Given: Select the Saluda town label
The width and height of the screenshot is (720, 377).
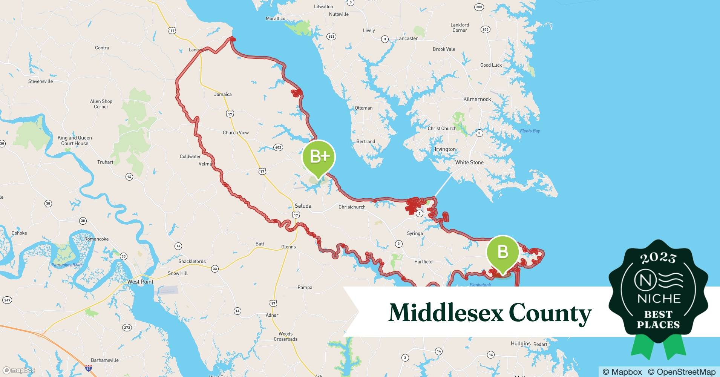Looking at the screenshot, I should tap(303, 206).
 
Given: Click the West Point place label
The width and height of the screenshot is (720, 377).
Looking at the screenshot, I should tap(140, 282).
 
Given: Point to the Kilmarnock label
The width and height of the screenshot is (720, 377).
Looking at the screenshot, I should tap(477, 99).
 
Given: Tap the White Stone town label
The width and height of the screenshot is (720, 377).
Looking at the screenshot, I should tap(469, 162).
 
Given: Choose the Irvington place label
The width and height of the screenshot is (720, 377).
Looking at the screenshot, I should tap(445, 149).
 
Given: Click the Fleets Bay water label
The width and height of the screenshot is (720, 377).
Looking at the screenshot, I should tap(530, 131).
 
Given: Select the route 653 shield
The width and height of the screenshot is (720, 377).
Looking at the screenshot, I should tap(331, 37).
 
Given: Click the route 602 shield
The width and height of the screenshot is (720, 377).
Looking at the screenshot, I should tap(278, 147).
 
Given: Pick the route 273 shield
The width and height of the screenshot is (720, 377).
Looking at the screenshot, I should tap(127, 327).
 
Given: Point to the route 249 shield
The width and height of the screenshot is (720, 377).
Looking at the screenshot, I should tap(7, 300).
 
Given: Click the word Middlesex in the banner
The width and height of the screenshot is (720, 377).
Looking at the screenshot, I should tap(446, 313).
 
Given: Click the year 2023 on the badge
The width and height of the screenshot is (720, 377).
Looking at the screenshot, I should tap(658, 258).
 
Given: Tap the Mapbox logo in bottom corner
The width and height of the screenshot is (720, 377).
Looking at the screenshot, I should tap(19, 370).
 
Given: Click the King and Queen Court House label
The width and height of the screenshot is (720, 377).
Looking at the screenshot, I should tap(75, 141).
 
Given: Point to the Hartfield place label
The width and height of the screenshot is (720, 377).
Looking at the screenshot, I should tap(423, 262).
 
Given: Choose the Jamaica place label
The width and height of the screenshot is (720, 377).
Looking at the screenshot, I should tap(223, 95).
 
